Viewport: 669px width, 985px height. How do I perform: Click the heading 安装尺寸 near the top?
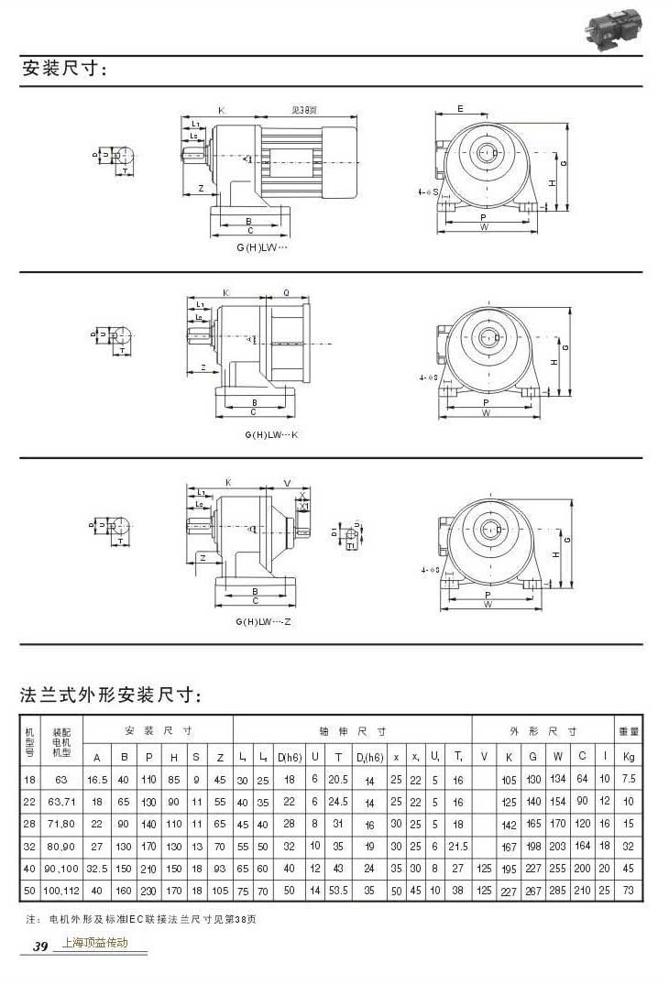(64, 69)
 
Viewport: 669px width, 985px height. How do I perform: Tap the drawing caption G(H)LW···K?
(272, 433)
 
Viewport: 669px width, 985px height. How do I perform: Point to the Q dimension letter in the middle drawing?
(287, 293)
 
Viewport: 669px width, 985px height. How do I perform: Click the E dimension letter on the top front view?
(460, 109)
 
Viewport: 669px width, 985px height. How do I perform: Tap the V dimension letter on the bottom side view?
(287, 482)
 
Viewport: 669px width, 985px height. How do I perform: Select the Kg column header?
(629, 756)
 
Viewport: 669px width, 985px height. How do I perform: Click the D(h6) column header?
(290, 756)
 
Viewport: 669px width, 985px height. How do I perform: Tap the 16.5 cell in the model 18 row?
(96, 779)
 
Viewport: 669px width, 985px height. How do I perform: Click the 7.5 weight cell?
(629, 779)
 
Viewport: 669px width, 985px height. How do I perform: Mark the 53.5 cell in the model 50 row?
(340, 890)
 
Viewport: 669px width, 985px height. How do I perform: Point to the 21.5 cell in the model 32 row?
(459, 846)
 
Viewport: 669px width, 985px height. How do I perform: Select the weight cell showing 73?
(629, 890)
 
